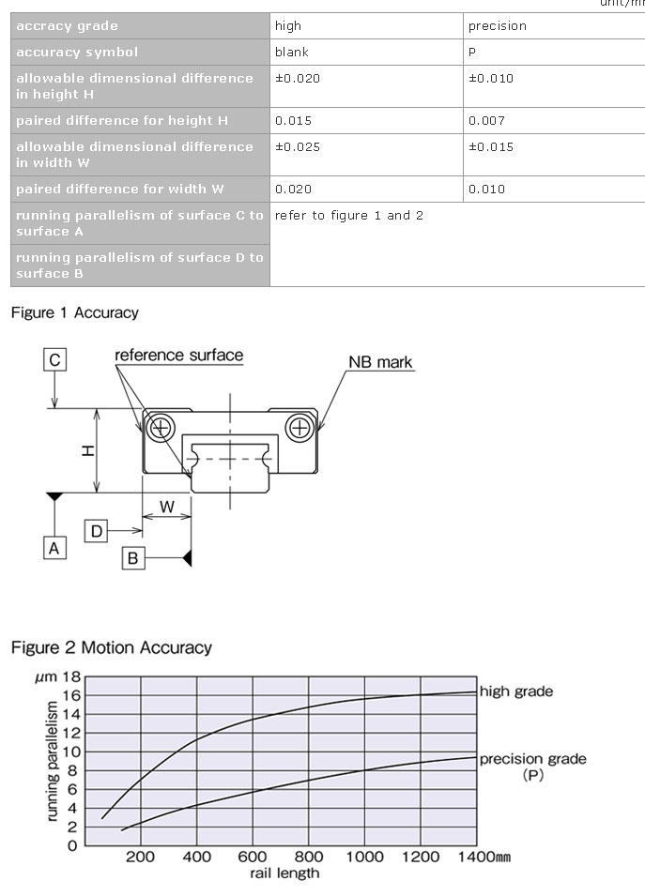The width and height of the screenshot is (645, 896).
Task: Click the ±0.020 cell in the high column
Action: point(298,78)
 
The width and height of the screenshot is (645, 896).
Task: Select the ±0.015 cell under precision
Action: point(491,146)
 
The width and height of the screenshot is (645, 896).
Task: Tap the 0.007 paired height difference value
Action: point(486,120)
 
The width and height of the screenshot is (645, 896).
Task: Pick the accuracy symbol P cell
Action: point(472,52)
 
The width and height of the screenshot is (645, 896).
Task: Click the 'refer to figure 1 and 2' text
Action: point(348,215)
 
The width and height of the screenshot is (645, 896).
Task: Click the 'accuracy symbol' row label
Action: point(77,52)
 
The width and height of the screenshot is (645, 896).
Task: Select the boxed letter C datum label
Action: point(55,359)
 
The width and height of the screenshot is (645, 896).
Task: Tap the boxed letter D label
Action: point(96,531)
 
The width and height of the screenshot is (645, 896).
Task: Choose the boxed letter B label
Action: point(133,558)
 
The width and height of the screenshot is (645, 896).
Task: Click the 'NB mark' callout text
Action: point(380,362)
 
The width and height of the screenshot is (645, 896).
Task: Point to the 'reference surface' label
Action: point(178,356)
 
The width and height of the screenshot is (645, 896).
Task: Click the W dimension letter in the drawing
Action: point(166,507)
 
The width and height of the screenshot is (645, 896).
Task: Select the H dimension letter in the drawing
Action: point(87,450)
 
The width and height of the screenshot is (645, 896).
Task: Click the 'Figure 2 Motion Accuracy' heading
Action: point(112,647)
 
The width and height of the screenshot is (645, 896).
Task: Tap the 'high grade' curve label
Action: point(515,691)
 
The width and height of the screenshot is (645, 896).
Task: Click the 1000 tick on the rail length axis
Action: point(364,857)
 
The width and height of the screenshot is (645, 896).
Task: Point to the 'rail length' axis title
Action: point(284,873)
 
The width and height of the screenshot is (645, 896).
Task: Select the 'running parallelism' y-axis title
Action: point(54,759)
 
